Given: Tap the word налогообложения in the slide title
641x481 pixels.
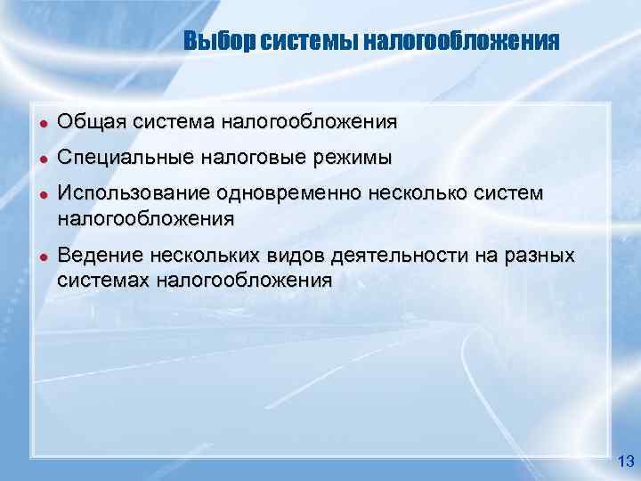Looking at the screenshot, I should click(462, 42).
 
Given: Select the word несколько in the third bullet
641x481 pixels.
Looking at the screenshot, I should click(427, 194).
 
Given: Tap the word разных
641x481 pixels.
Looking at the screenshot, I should click(536, 257).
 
